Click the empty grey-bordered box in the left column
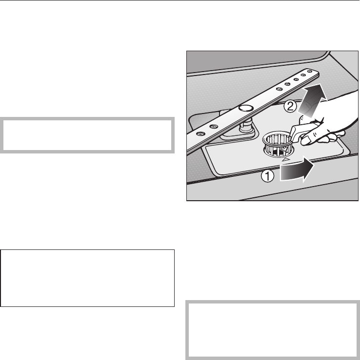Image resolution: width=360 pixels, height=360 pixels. click(x=88, y=134)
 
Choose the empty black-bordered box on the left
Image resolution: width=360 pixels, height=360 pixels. click(x=88, y=278)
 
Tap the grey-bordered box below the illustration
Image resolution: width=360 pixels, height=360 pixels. click(x=273, y=330)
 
